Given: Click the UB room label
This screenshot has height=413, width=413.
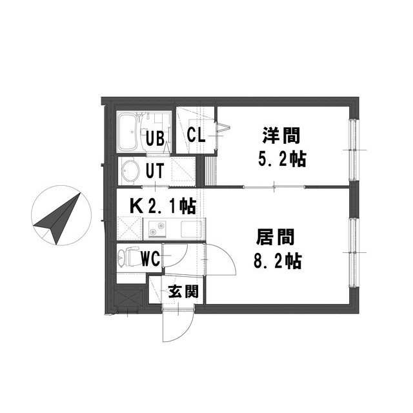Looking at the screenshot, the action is (x=155, y=138).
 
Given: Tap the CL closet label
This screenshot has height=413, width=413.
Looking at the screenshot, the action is (x=196, y=135).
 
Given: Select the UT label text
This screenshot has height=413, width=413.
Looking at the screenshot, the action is (x=155, y=170).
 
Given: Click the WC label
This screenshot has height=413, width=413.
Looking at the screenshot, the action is (x=150, y=259).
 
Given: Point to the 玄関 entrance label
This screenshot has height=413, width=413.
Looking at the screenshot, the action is (x=183, y=292).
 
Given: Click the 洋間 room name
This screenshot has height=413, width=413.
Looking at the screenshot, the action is (x=281, y=136).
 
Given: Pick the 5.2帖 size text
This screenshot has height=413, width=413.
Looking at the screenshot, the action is (x=282, y=159).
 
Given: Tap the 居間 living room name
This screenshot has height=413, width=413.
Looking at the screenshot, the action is (x=276, y=237).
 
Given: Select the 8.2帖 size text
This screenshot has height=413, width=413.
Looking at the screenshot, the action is (x=277, y=261).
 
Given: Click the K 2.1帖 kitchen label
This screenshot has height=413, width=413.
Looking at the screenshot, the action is (x=163, y=206).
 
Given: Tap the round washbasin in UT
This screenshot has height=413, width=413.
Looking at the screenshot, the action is (x=130, y=171).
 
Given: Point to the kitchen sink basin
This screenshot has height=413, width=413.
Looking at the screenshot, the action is (x=191, y=228).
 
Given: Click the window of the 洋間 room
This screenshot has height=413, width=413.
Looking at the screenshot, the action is (x=353, y=150).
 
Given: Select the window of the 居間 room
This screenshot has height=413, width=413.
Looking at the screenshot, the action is (x=353, y=252).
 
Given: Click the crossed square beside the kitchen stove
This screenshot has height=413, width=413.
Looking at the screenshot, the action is (x=129, y=228).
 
